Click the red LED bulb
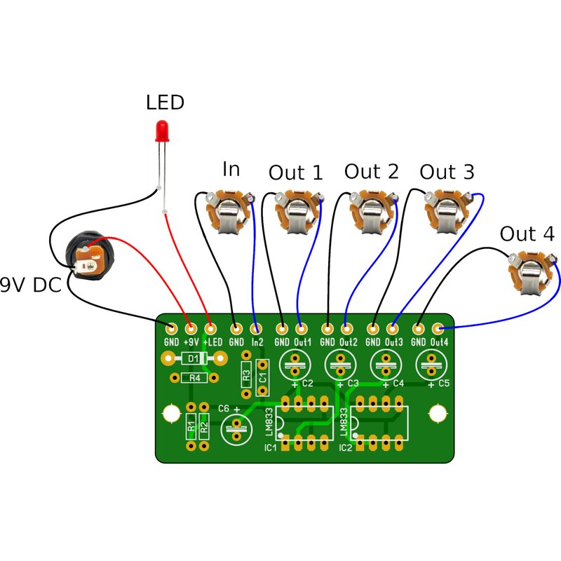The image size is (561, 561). coord(162,130)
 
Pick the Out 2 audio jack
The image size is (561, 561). coord(371,212)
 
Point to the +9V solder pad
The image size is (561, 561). coord(190,328)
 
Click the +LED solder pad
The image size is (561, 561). coord(210,328)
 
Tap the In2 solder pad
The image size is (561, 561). coord(257,328)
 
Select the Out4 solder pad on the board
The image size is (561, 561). coord(438,328)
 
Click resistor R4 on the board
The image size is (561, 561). coord(194,378)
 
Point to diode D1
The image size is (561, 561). coord(194,359)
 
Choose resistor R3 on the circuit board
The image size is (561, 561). coord(246,375)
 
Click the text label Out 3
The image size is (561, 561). coord(447,172)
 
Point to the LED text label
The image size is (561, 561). coord(165,103)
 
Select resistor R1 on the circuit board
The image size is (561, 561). coord(191,425)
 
